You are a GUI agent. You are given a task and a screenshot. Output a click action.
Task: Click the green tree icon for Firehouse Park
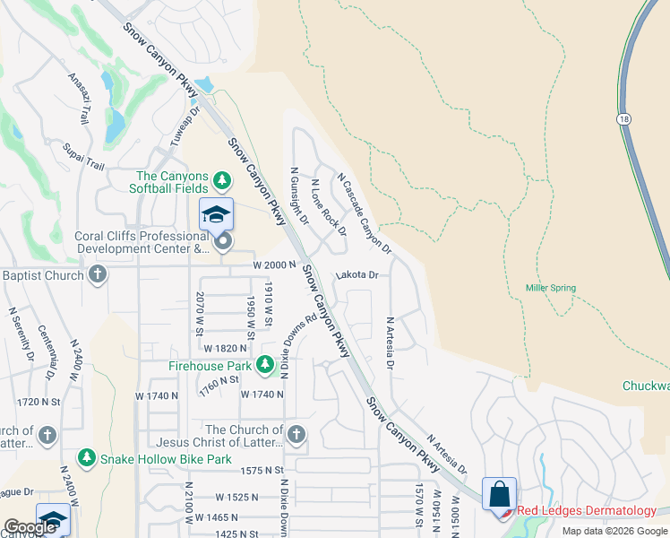pos(264,365)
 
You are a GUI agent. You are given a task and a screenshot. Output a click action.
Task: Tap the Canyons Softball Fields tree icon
pos(221,183)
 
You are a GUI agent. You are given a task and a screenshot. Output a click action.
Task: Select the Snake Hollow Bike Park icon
pos(86,458)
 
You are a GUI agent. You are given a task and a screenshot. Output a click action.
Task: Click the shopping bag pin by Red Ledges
pos(499,495)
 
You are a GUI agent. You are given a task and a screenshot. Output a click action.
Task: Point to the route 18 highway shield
pos(623,118)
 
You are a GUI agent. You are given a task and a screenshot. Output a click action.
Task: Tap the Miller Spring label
pos(550,288)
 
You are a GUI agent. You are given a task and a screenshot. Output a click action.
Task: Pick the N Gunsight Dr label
pos(298,195)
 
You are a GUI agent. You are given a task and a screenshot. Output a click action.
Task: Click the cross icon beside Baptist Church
pos(98,274)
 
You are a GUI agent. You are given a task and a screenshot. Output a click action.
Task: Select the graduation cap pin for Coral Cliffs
pos(216,215)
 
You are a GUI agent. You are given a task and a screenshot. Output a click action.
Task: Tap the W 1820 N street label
pos(224,348)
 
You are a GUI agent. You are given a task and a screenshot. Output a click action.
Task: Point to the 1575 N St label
pos(262,470)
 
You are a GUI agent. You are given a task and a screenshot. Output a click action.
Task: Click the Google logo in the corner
pos(30,527)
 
